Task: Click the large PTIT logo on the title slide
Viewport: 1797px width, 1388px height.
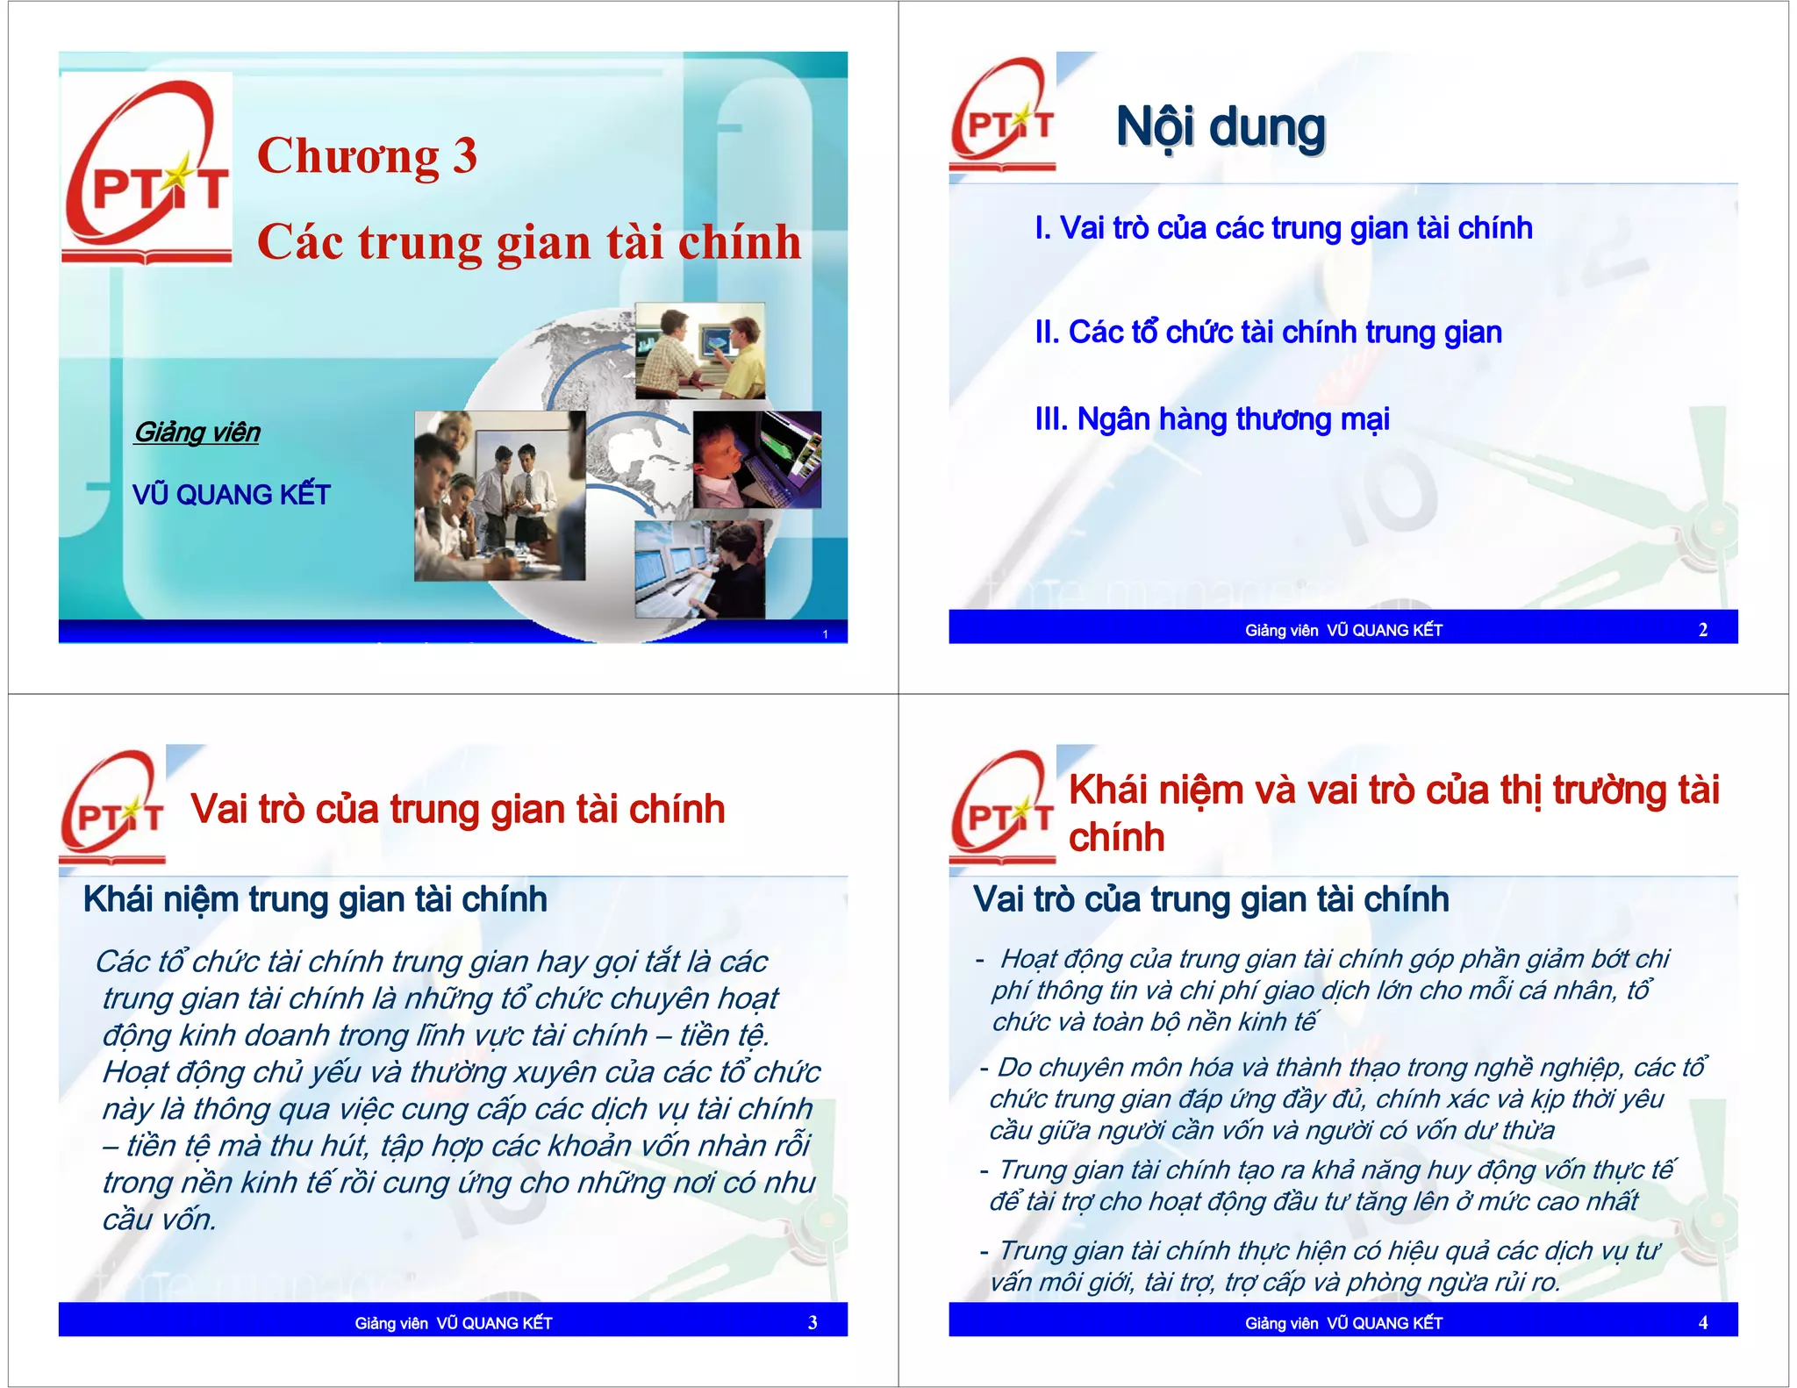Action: [147, 171]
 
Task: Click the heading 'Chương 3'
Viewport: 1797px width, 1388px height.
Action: [367, 156]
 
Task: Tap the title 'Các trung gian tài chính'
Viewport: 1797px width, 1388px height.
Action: [529, 241]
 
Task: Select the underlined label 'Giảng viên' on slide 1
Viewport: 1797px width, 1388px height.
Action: [197, 433]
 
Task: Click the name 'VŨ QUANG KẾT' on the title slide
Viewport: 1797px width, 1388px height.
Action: [232, 495]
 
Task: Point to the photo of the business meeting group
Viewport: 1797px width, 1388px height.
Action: [498, 496]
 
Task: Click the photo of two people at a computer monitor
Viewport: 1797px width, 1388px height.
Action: [699, 351]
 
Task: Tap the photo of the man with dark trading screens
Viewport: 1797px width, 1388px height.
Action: [756, 460]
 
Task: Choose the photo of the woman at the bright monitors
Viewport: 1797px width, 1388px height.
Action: [699, 570]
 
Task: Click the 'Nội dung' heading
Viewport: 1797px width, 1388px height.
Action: [1220, 128]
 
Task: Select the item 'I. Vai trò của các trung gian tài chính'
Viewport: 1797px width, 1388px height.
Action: [1283, 228]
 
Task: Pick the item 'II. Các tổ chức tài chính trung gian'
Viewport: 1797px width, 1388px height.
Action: [1268, 333]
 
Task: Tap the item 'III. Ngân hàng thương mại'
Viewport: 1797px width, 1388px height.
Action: [1212, 419]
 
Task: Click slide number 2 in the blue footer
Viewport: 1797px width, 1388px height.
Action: [1702, 629]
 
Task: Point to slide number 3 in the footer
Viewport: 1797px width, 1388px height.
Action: [813, 1322]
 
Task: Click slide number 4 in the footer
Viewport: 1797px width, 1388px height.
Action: [1702, 1322]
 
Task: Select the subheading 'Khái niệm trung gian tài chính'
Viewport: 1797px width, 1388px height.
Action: [315, 900]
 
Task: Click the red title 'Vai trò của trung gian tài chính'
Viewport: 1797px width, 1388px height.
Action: [457, 809]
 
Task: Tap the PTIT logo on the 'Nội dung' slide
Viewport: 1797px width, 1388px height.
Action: [1003, 114]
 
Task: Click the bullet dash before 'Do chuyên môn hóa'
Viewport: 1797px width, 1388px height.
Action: [984, 1069]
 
